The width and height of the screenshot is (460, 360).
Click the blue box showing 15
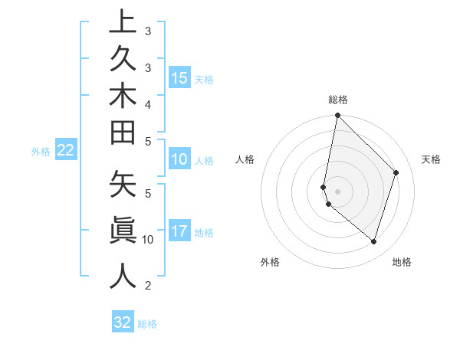pyautogui.click(x=179, y=77)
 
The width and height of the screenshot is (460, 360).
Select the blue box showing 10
pyautogui.click(x=179, y=159)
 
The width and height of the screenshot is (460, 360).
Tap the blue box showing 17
pyautogui.click(x=179, y=231)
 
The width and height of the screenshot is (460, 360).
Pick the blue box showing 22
pyautogui.click(x=66, y=151)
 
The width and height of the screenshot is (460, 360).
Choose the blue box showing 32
pyautogui.click(x=123, y=322)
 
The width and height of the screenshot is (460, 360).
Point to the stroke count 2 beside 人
pyautogui.click(x=148, y=286)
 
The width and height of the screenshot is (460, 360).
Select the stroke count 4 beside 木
pyautogui.click(x=148, y=103)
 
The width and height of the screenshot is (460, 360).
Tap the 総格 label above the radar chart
pyautogui.click(x=337, y=100)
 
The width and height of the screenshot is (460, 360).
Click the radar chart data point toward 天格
pyautogui.click(x=396, y=172)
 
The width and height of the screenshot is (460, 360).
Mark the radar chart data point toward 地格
pyautogui.click(x=373, y=241)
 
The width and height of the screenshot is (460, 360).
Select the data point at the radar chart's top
pyautogui.click(x=337, y=115)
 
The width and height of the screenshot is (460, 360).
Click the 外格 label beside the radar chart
pyautogui.click(x=270, y=262)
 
